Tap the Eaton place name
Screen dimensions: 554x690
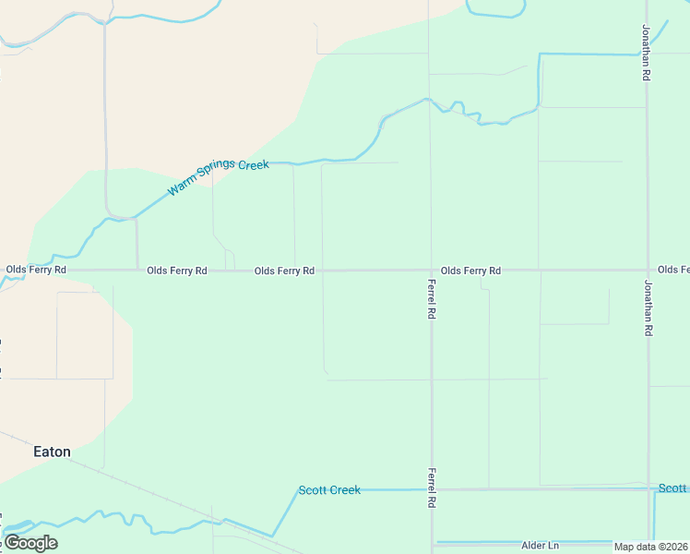pyautogui.click(x=52, y=452)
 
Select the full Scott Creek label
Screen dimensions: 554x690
pyautogui.click(x=329, y=490)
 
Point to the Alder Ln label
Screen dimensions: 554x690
pyautogui.click(x=541, y=546)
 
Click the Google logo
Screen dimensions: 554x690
pyautogui.click(x=30, y=543)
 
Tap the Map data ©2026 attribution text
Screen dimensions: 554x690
pyautogui.click(x=651, y=547)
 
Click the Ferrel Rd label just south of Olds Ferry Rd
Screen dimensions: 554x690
pyautogui.click(x=431, y=299)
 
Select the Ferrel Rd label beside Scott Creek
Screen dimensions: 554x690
pyautogui.click(x=431, y=488)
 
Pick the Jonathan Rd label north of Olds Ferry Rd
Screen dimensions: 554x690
pyautogui.click(x=647, y=54)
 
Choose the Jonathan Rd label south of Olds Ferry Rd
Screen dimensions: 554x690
pyautogui.click(x=648, y=307)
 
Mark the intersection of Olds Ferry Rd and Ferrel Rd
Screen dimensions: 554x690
pyautogui.click(x=431, y=271)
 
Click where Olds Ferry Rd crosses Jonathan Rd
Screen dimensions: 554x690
pyautogui.click(x=648, y=271)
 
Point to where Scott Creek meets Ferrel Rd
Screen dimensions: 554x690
pyautogui.click(x=431, y=489)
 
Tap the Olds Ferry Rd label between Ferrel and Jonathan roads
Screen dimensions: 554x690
pyautogui.click(x=470, y=271)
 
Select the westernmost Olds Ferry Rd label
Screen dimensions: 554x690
pyautogui.click(x=36, y=270)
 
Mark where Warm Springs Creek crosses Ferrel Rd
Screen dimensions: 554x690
pyautogui.click(x=429, y=100)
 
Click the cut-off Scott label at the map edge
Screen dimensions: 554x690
pyautogui.click(x=673, y=488)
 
